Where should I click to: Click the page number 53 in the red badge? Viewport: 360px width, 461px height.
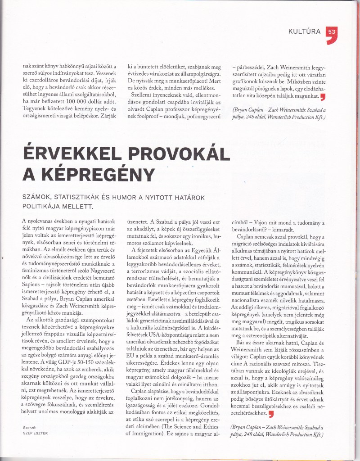[x=332, y=32]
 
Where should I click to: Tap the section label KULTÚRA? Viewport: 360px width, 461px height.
[x=305, y=32]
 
